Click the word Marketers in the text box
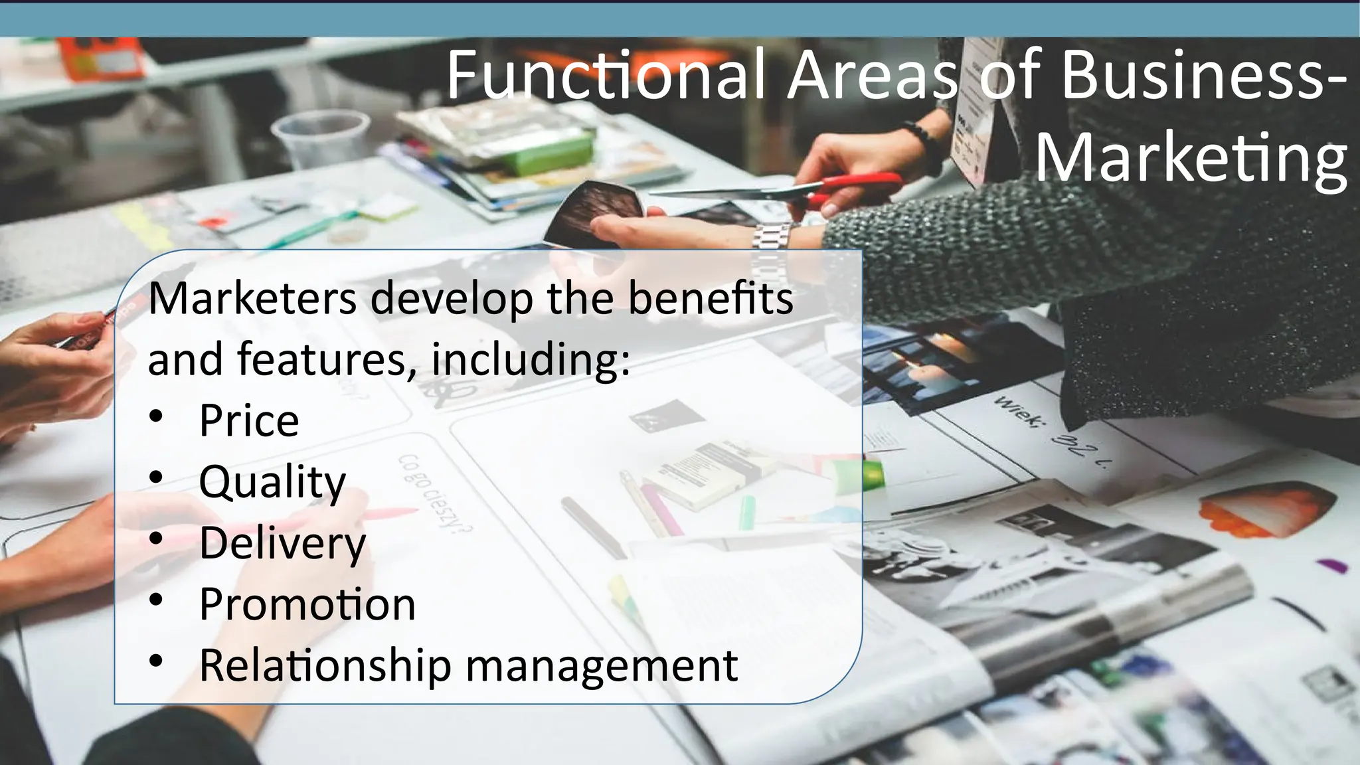252,299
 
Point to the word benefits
710,299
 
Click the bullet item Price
249,421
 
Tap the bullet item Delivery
282,543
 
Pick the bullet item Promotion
307,604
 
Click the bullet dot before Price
156,417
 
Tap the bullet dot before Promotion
156,600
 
